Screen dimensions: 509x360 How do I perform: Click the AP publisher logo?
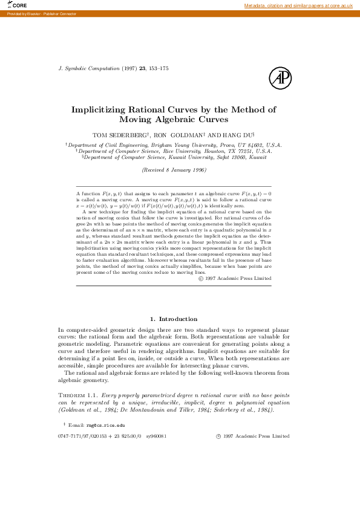[280, 78]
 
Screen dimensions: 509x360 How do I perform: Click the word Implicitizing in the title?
[99, 110]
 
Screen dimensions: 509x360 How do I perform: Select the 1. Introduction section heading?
[173, 319]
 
